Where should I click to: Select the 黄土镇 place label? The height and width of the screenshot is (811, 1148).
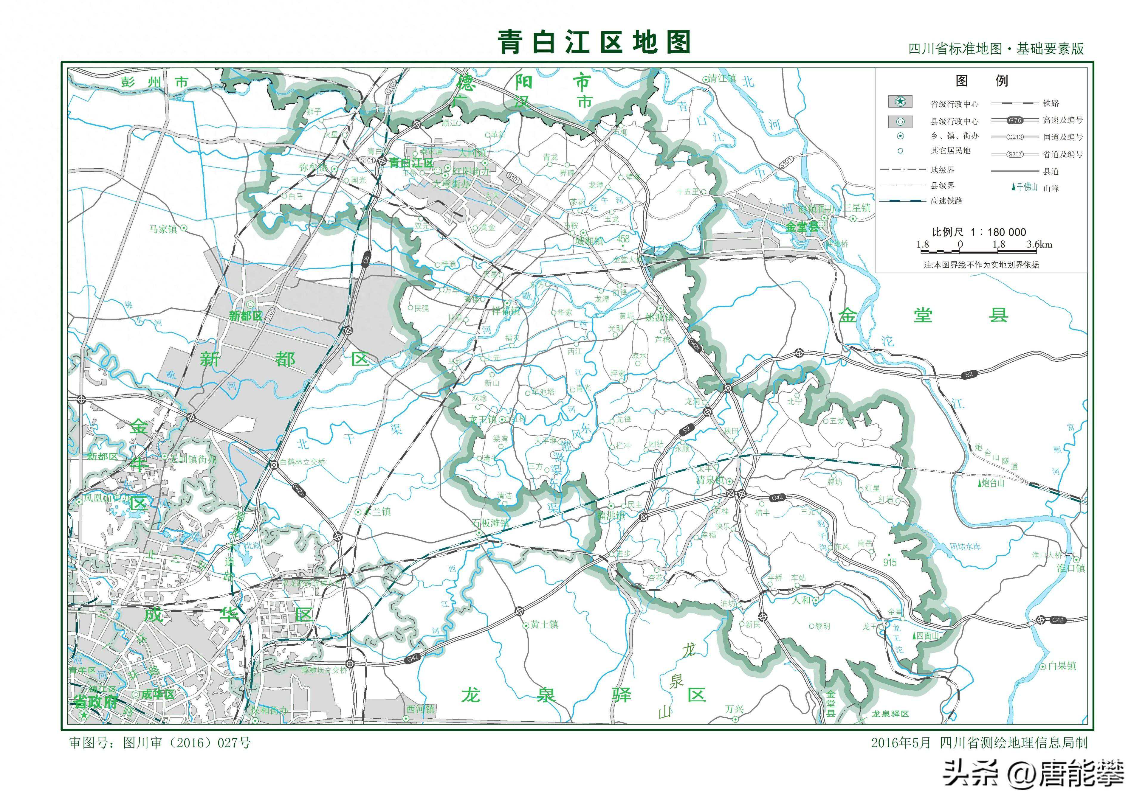pyautogui.click(x=545, y=624)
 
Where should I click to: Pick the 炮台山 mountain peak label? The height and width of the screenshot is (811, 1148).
pyautogui.click(x=992, y=483)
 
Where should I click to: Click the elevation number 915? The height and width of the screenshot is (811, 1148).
pyautogui.click(x=890, y=562)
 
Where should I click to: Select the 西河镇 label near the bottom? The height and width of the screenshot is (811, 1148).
pyautogui.click(x=421, y=709)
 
